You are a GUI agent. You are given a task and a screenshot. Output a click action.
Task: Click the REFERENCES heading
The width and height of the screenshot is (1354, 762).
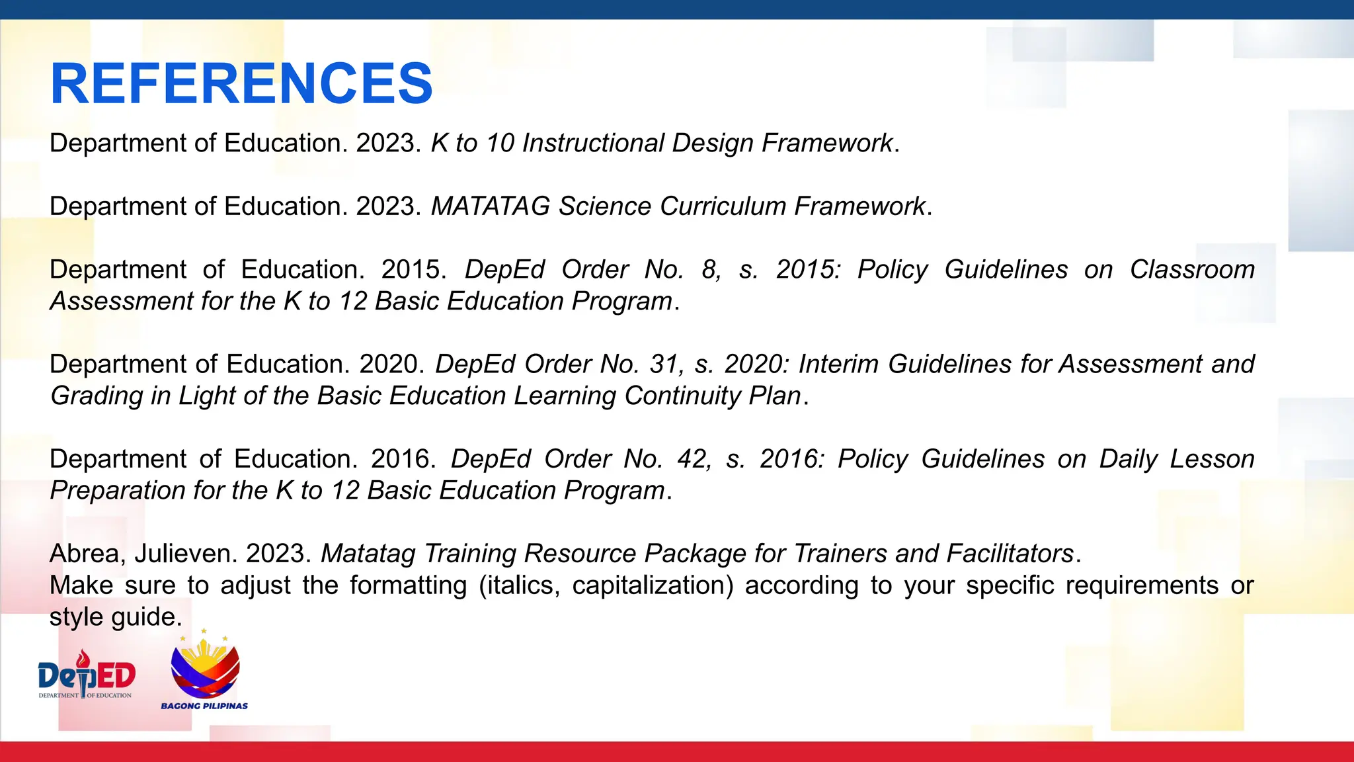241,84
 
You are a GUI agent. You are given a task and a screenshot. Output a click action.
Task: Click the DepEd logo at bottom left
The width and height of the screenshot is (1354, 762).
87,675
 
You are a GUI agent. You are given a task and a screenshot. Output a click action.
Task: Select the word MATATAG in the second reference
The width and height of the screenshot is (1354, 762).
490,206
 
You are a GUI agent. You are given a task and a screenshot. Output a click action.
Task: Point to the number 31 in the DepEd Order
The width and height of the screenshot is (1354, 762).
664,364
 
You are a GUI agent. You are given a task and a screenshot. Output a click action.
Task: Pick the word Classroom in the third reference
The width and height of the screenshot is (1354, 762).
1192,270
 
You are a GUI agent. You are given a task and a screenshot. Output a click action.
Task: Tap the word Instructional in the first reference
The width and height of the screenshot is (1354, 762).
593,144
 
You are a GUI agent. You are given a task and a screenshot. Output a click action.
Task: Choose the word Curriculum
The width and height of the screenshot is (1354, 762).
723,206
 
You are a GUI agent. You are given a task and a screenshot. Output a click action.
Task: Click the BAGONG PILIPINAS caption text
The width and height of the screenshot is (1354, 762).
204,706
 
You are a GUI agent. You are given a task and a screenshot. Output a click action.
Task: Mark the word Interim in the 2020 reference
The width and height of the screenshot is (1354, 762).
838,364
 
